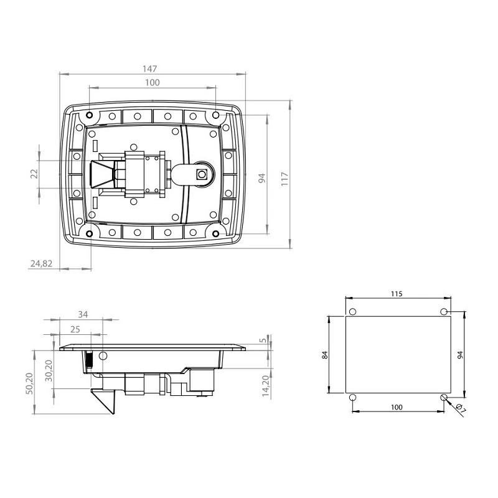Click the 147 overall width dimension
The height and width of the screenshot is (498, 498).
(x=149, y=68)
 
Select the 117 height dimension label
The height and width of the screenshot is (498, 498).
(x=284, y=179)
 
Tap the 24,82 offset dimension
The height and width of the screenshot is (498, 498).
(x=41, y=263)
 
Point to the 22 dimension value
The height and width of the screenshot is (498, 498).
(x=34, y=174)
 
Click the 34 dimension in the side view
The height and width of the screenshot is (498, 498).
(x=83, y=314)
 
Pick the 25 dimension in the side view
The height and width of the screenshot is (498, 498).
(x=75, y=329)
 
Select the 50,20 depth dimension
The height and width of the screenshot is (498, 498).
(x=29, y=383)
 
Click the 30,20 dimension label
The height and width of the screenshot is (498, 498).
(x=49, y=370)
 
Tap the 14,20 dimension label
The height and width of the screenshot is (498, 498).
(x=266, y=386)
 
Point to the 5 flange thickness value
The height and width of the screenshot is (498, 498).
(x=263, y=341)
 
